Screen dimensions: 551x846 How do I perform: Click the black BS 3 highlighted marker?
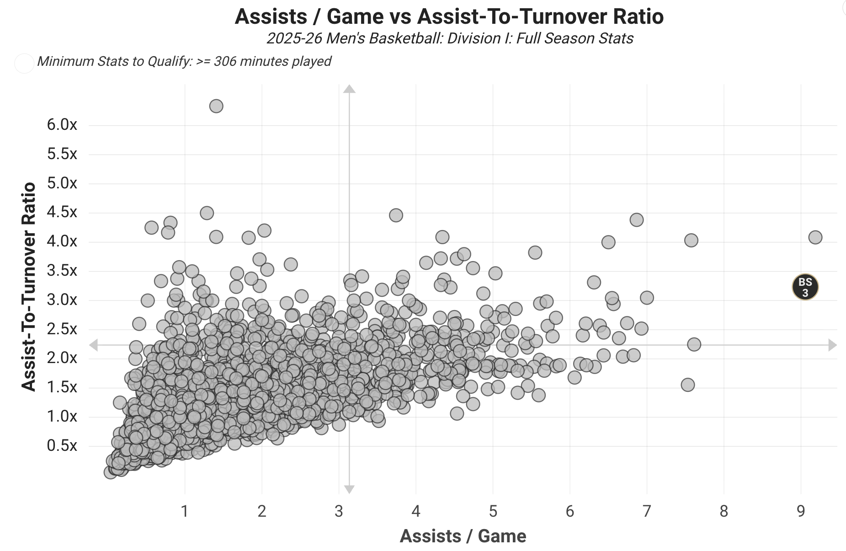[805, 287]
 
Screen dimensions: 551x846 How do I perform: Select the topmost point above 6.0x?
[216, 106]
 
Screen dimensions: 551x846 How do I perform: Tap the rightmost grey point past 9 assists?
[815, 237]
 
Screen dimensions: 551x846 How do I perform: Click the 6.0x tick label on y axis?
[62, 124]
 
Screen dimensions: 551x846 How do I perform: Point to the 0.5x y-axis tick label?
[62, 445]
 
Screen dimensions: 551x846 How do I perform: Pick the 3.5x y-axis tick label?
[62, 270]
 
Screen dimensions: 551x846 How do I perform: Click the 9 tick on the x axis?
[801, 511]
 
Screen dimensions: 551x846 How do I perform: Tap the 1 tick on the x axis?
[185, 511]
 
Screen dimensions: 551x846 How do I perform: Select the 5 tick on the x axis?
[493, 511]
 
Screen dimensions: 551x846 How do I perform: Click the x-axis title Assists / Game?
[463, 536]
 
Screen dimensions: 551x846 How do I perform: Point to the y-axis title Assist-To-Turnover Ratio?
[29, 287]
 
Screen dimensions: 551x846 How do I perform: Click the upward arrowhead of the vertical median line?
[349, 89]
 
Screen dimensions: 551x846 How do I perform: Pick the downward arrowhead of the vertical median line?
[349, 489]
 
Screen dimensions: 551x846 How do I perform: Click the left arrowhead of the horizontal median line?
[93, 345]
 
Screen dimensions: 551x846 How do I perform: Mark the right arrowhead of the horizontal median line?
[832, 345]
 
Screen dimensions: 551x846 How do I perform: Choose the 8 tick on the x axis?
[724, 511]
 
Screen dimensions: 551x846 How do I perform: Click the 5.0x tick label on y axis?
[62, 183]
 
